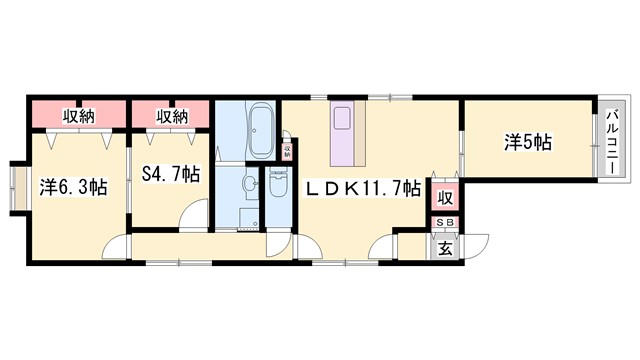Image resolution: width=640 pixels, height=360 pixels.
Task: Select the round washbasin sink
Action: pos(245,185)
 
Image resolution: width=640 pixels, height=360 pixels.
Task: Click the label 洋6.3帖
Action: pos(75,187)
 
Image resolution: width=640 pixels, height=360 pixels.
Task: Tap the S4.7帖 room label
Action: pos(170,173)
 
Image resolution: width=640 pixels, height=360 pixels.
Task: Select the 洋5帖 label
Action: pos(526,143)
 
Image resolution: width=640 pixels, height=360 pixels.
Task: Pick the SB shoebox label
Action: pos(443,223)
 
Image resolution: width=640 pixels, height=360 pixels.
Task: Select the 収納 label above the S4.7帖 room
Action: pos(171,116)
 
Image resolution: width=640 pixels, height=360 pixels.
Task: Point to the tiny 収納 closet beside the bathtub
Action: pos(287,152)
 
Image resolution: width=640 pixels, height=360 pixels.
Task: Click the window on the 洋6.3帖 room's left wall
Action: pos(14,187)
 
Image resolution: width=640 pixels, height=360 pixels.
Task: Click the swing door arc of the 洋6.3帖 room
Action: pos(118,245)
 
